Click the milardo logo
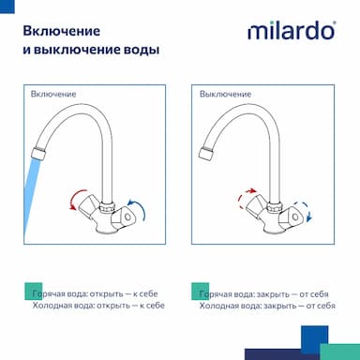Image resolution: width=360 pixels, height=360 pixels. coord(292,30)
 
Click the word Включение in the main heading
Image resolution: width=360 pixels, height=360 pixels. coord(62,31)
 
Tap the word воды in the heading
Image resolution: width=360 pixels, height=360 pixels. coord(141,50)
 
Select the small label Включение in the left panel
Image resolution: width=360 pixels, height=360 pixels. coord(53,94)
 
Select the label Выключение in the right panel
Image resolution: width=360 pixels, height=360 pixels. coord(225,94)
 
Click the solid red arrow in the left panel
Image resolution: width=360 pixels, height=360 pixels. coord(75,198)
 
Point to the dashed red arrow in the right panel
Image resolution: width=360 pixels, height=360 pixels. coord(243,197)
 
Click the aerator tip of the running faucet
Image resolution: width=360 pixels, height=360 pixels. coord(38,154)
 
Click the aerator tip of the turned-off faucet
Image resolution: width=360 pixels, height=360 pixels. coord(206,154)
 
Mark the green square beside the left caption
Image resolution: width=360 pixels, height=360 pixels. coord(33,292)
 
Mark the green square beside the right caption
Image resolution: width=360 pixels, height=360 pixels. coord(201,292)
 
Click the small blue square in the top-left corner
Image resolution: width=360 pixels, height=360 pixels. coord(7,7)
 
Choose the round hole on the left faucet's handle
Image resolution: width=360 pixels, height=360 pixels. coord(127,217)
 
